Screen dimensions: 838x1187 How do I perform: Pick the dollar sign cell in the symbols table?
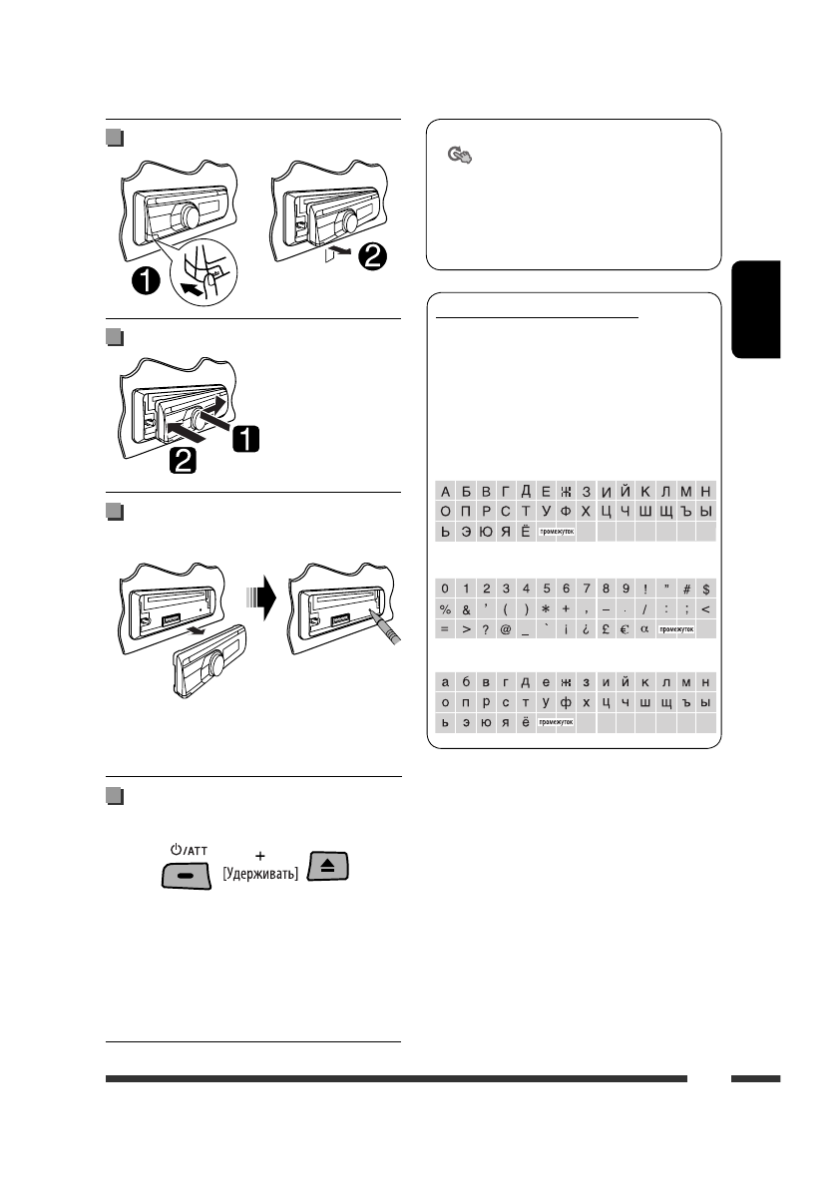[706, 590]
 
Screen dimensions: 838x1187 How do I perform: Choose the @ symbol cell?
[506, 629]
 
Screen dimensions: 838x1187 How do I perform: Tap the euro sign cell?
[626, 629]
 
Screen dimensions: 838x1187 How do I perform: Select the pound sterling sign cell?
[606, 629]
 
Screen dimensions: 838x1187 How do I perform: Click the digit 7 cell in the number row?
[586, 590]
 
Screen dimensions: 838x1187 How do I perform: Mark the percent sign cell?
[446, 609]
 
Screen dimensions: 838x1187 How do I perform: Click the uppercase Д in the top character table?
[526, 491]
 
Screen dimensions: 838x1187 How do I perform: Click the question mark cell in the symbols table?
[486, 629]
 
